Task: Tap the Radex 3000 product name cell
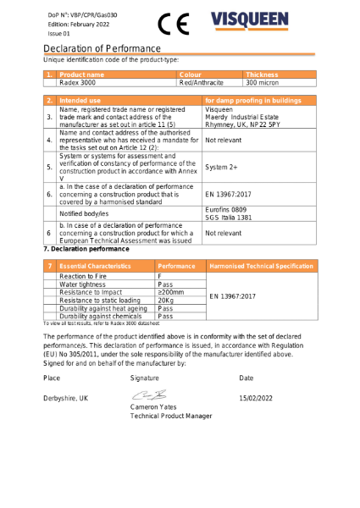pyautogui.click(x=78, y=83)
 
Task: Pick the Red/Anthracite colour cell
pyautogui.click(x=202, y=83)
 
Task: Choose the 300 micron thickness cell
pyautogui.click(x=262, y=83)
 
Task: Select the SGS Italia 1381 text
pyautogui.click(x=230, y=217)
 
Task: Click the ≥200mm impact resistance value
pyautogui.click(x=171, y=292)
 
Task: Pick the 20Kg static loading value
pyautogui.click(x=166, y=300)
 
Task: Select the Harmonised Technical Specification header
pyautogui.click(x=261, y=266)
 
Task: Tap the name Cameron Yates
pyautogui.click(x=154, y=407)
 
